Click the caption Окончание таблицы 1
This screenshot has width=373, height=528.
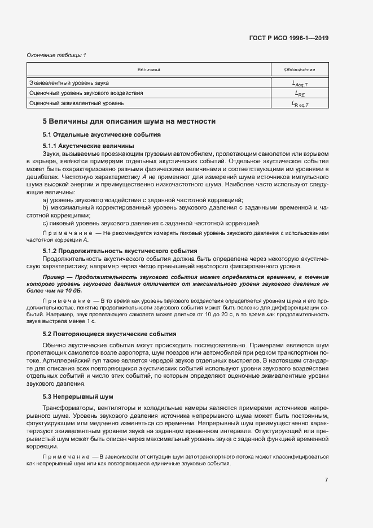[56, 55]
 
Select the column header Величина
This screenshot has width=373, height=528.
[149, 69]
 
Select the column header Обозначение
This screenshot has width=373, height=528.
[300, 69]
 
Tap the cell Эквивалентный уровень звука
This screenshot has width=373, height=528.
[69, 83]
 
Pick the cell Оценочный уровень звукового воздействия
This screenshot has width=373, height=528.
[86, 93]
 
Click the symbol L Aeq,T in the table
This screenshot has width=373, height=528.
[300, 84]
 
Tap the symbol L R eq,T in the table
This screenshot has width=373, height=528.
[300, 103]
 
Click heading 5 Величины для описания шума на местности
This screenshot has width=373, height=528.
[129, 121]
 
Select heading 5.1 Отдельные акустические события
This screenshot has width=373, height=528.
[102, 135]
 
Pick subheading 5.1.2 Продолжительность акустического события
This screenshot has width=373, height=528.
[120, 250]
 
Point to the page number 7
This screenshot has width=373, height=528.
[326, 479]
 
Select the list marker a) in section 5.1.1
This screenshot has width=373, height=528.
[46, 200]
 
